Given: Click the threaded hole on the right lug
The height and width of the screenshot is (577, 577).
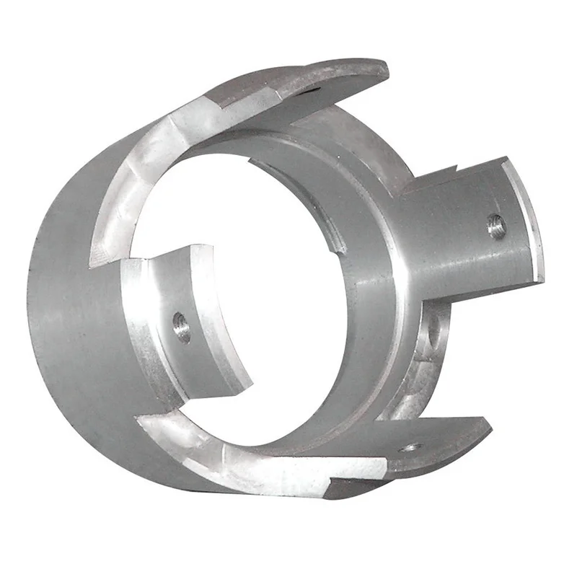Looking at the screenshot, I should (496, 226).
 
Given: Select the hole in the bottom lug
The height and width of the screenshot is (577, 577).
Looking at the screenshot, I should (410, 448).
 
